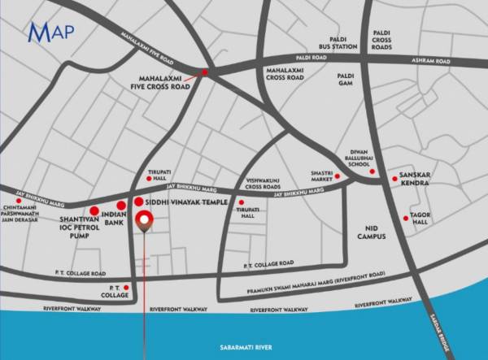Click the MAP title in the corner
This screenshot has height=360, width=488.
pyautogui.click(x=51, y=33)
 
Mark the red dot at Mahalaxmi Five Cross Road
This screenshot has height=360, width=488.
pyautogui.click(x=204, y=73)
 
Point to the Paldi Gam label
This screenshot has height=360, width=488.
pyautogui.click(x=346, y=79)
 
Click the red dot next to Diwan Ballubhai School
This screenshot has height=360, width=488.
pyautogui.click(x=373, y=171)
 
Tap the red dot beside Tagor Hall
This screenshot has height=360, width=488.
pyautogui.click(x=406, y=218)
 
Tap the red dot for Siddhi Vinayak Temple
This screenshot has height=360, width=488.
pyautogui.click(x=138, y=202)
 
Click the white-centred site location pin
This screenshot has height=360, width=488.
pyautogui.click(x=145, y=219)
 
